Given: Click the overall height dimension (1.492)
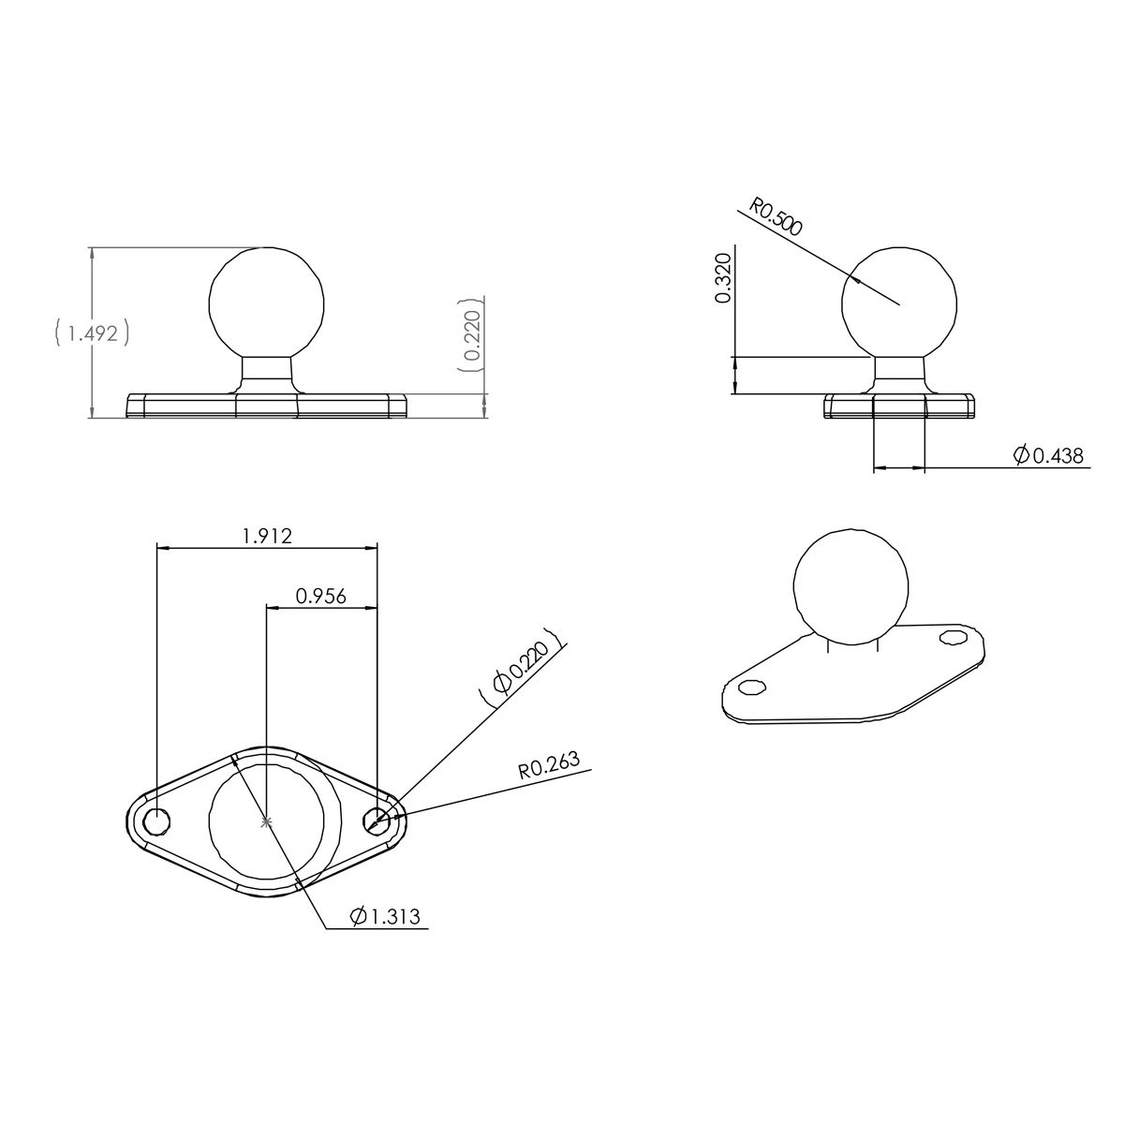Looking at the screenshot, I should (92, 333).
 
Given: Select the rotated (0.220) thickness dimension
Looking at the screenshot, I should (472, 335).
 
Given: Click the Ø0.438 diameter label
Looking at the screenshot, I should (1049, 456).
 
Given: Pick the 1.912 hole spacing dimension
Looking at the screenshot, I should (267, 536).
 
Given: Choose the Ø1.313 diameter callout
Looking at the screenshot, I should (385, 917).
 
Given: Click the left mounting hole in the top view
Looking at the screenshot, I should (157, 821).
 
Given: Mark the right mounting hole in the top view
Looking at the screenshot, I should (377, 821).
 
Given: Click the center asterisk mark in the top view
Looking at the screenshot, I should (267, 822).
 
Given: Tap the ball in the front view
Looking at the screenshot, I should (267, 302).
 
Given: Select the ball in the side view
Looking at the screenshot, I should (899, 303).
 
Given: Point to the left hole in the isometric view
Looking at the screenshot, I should (750, 688).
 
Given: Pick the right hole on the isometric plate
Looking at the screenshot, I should (954, 637).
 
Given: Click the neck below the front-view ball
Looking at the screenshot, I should (267, 373).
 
